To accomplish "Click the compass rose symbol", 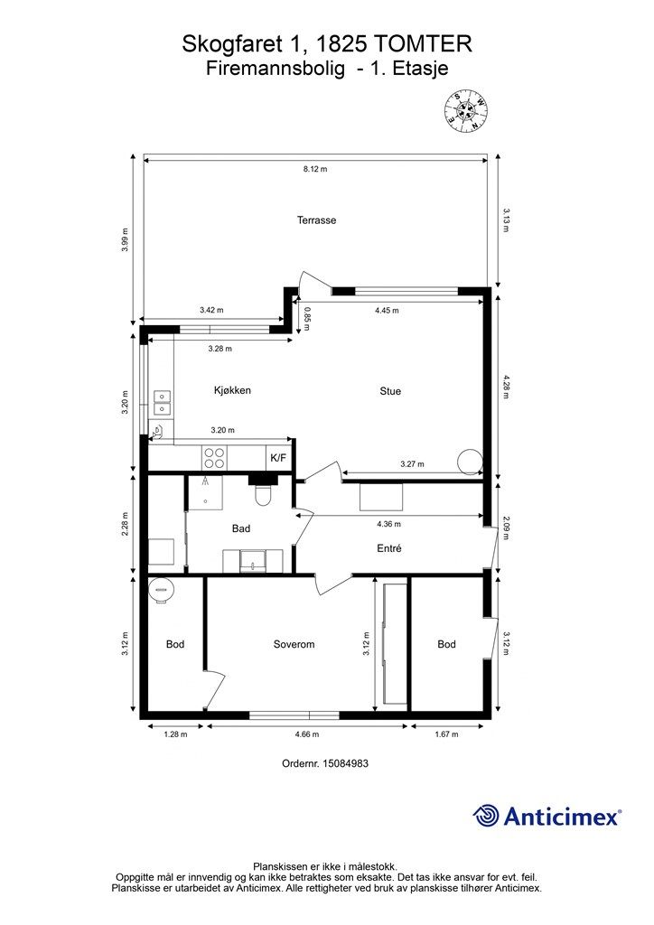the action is [466, 110].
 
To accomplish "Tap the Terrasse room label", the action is [317, 220].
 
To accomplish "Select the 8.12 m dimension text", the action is [315, 169].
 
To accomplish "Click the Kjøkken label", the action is [232, 390].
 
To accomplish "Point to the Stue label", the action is [390, 390].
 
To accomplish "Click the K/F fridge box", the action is [279, 457].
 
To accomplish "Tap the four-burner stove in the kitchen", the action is [214, 458].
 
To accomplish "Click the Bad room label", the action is [241, 528].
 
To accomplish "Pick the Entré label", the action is [389, 548].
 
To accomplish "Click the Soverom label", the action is [294, 644].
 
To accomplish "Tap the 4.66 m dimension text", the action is [306, 733].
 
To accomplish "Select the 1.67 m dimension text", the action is [446, 733].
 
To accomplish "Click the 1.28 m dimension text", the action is [175, 733].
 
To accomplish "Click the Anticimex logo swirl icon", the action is [486, 816].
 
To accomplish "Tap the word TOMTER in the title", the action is [424, 44].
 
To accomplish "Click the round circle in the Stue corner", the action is [470, 461].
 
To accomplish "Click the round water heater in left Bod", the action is [162, 590].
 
